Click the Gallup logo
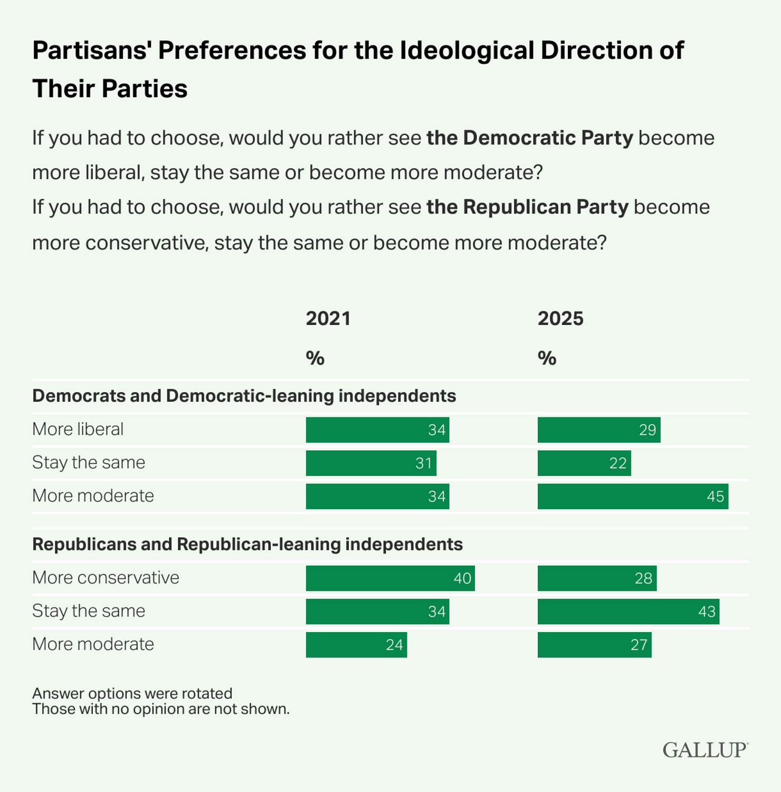[x=705, y=750]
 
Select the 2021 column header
[x=328, y=319]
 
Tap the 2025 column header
[x=560, y=319]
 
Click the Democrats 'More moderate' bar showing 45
[x=633, y=497]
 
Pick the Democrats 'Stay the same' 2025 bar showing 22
[x=584, y=463]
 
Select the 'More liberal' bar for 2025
[x=599, y=430]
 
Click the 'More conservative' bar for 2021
[x=390, y=578]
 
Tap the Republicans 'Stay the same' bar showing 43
[x=628, y=612]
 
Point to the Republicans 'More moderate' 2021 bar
[x=356, y=645]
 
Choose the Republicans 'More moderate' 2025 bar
[x=594, y=645]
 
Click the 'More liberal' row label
[x=78, y=430]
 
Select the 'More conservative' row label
[x=106, y=578]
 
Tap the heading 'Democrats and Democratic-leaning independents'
[x=244, y=396]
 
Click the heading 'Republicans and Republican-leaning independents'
[x=247, y=544]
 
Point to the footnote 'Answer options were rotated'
[x=132, y=693]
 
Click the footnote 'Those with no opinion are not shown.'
[x=161, y=709]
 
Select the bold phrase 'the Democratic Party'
[x=529, y=138]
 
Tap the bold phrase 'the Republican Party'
[x=527, y=207]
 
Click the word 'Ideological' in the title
[x=467, y=51]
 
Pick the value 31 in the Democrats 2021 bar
[x=423, y=463]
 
